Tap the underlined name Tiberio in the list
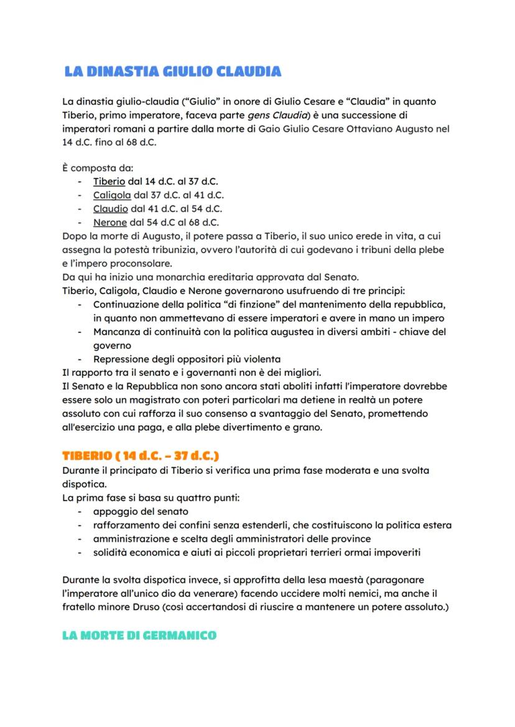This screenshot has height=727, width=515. click(109, 182)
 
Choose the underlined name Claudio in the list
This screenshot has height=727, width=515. click(110, 209)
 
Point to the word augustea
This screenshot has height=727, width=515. click(290, 331)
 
